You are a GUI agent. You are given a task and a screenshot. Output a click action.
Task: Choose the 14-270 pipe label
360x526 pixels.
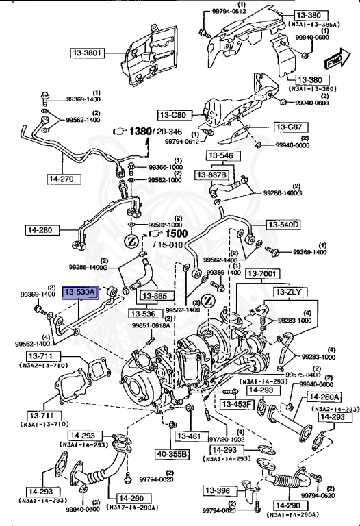point(61,179)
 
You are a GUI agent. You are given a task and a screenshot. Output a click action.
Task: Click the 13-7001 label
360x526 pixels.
point(263,275)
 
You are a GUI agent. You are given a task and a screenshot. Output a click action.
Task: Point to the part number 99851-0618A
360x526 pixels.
point(152,326)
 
